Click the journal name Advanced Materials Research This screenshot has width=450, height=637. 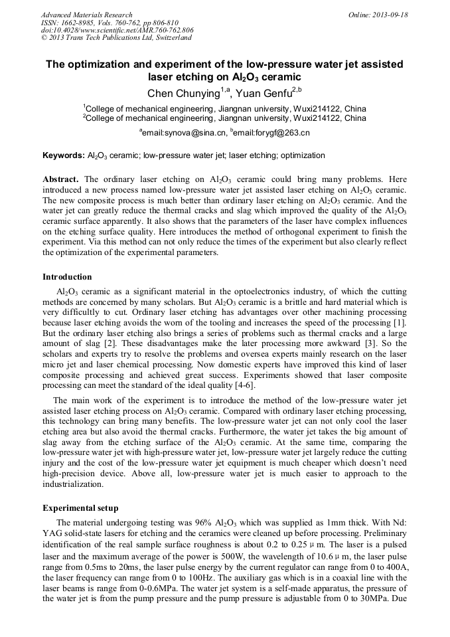coord(86,15)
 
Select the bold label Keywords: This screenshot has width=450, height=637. coord(64,155)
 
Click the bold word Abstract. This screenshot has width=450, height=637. coord(61,180)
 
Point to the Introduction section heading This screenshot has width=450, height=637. coord(67,277)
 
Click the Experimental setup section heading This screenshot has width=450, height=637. coord(80,508)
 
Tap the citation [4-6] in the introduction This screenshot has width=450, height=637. coord(241,385)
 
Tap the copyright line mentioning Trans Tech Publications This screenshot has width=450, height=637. coord(116,38)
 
